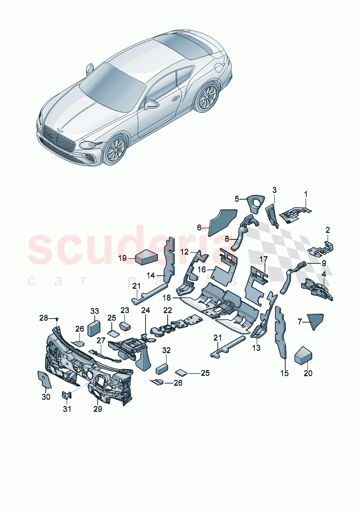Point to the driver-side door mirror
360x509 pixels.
pos(152,104)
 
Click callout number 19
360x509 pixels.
pos(122,258)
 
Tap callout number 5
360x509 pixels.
pos(237,199)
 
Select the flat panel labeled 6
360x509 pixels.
pos(222,222)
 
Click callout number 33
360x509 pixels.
pos(94,311)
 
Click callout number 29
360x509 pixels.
pos(98,409)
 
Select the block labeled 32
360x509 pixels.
pos(161,369)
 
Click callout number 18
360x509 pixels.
pos(167,298)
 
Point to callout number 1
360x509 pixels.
pos(306,194)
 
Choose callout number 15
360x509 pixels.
pos(285,373)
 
